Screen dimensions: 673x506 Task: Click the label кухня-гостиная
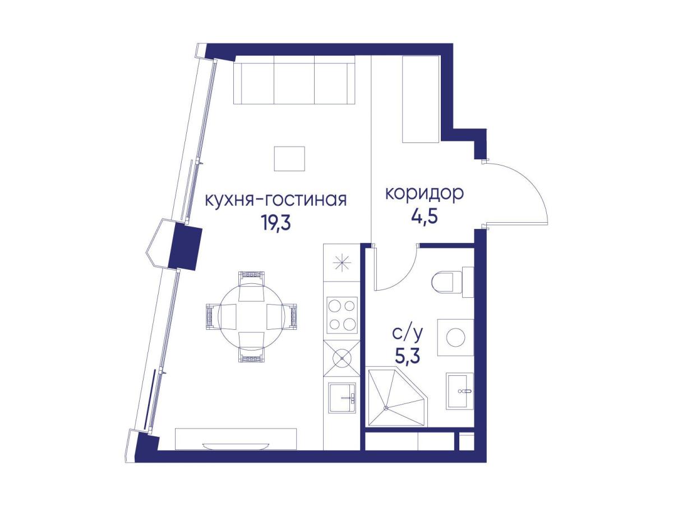275,200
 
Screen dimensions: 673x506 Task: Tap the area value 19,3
275,222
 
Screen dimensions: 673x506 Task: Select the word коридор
425,194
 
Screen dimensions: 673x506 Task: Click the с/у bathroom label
408,334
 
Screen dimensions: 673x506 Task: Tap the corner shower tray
398,398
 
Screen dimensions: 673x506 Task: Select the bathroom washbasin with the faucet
459,391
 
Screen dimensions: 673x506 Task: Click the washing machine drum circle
455,338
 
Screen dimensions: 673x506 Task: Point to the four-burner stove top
342,315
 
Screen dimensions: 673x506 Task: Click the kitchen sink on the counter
342,399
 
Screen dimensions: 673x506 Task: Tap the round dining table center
251,316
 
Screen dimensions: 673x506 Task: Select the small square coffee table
289,158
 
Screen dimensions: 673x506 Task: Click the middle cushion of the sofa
294,84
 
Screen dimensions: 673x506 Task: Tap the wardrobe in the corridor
421,99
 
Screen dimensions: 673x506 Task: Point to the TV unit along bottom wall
236,439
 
